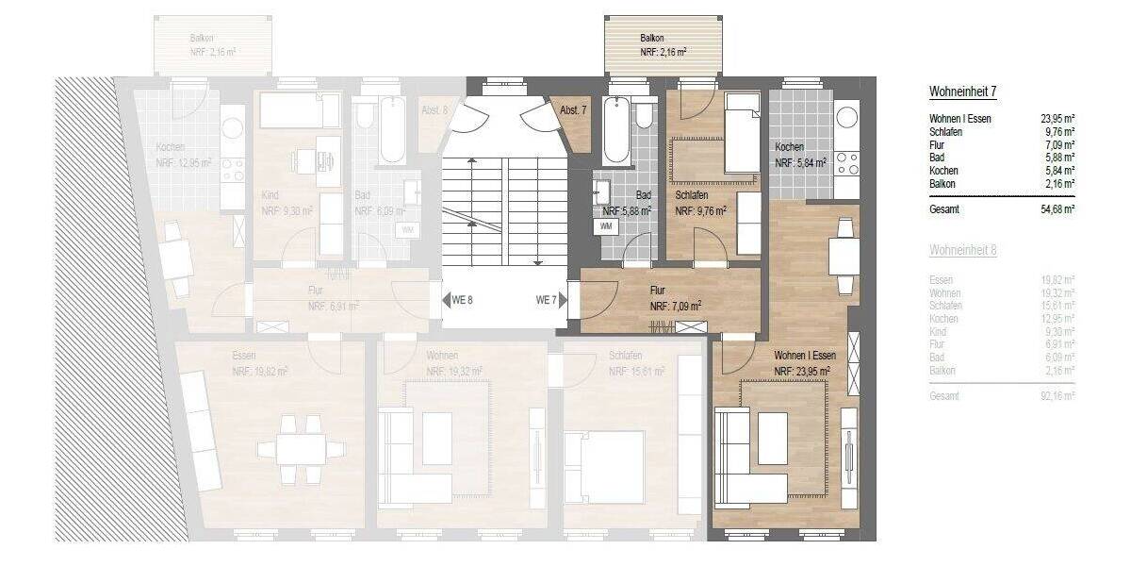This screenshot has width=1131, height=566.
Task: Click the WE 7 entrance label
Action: point(546,301)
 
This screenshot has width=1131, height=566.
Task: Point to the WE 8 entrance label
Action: point(461,301)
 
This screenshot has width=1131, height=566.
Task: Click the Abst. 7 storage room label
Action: point(573,111)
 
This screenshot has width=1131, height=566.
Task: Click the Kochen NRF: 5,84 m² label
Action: point(799,156)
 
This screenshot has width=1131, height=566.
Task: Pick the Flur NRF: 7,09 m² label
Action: point(674,298)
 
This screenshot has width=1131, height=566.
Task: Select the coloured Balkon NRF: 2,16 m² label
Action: point(663,44)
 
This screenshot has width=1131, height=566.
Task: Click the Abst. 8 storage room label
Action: point(434,111)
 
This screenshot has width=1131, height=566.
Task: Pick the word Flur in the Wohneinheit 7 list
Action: point(937,144)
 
